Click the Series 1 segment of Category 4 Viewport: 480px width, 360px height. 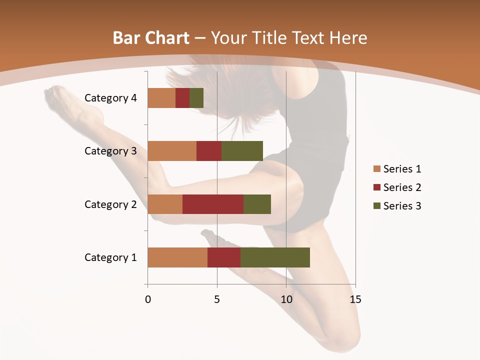pyautogui.click(x=161, y=98)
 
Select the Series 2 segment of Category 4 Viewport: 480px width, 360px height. pyautogui.click(x=182, y=98)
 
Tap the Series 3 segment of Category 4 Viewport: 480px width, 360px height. pyautogui.click(x=196, y=98)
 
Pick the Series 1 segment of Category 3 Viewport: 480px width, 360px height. pyautogui.click(x=172, y=151)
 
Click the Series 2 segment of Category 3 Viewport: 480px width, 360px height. pyautogui.click(x=209, y=151)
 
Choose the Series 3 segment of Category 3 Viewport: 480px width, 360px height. pyautogui.click(x=242, y=151)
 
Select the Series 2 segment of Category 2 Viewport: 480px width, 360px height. pyautogui.click(x=213, y=204)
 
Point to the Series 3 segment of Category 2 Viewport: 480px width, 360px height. pyautogui.click(x=257, y=204)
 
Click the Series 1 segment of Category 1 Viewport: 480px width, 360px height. pyautogui.click(x=177, y=257)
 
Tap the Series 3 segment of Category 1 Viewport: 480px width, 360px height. pyautogui.click(x=275, y=257)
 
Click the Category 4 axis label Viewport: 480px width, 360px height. pyautogui.click(x=110, y=98)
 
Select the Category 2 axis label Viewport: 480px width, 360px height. pyautogui.click(x=110, y=204)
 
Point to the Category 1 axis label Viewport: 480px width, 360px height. pyautogui.click(x=110, y=257)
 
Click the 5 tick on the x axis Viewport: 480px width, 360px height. pyautogui.click(x=217, y=299)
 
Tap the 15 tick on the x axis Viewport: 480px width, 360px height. pyautogui.click(x=355, y=299)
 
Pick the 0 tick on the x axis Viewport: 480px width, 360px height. pyautogui.click(x=148, y=299)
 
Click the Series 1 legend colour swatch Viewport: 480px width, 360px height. pyautogui.click(x=376, y=169)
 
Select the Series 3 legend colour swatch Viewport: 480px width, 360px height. pyautogui.click(x=376, y=206)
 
